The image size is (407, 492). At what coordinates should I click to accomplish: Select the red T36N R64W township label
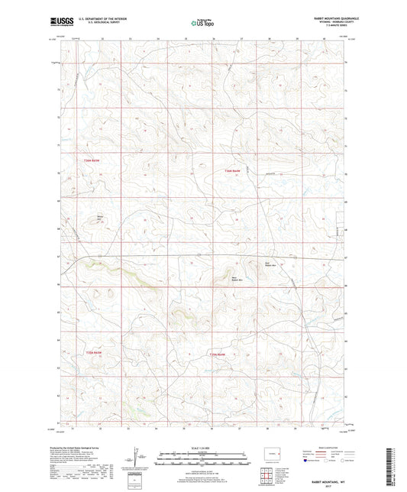click(x=232, y=170)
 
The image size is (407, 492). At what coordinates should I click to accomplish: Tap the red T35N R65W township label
click(x=92, y=352)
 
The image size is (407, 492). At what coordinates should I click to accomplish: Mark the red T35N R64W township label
click(x=219, y=354)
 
